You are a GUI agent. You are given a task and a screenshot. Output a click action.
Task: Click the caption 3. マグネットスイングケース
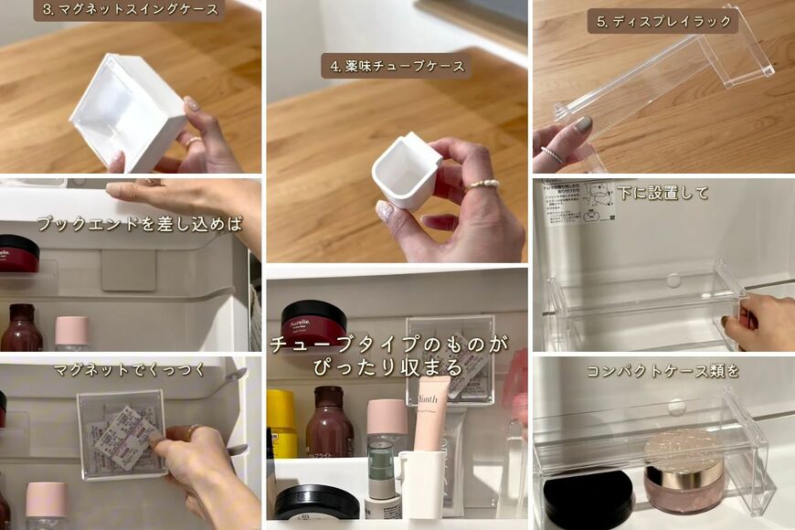point(129,10)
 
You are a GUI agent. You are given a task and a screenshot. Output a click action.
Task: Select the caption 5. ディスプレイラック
point(662,21)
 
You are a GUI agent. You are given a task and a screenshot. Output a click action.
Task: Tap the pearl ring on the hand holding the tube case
point(482,185)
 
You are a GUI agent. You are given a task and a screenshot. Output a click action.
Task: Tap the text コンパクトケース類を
point(662,371)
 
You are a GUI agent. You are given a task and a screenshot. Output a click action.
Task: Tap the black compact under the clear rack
point(588,498)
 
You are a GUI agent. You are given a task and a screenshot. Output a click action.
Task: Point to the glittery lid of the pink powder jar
point(683,449)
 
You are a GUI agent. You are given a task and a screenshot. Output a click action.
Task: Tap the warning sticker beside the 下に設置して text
point(578,202)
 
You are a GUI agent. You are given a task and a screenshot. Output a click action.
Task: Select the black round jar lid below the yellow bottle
point(316,501)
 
